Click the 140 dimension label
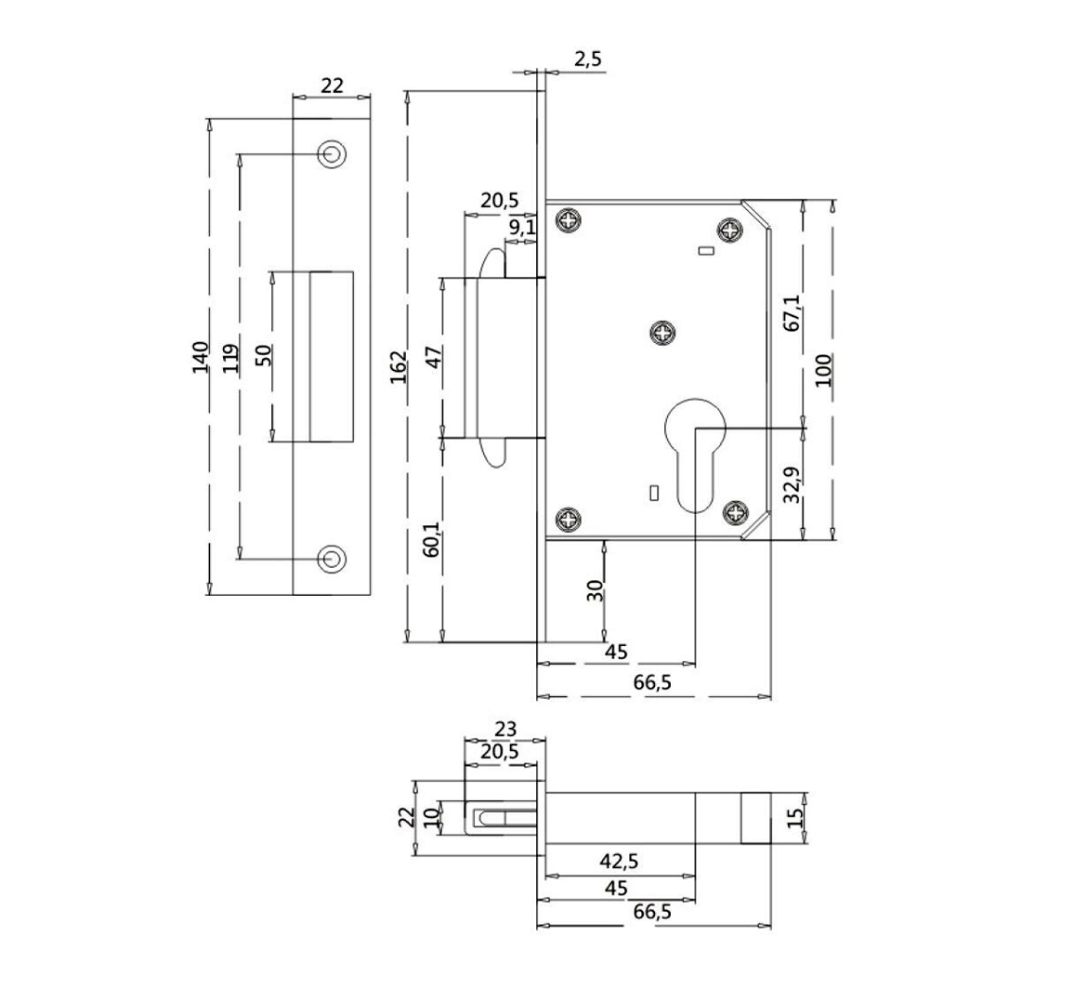click(200, 357)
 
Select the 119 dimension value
click(231, 357)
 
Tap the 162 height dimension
click(398, 368)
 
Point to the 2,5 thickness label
click(588, 59)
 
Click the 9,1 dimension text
click(522, 226)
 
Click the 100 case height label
click(824, 370)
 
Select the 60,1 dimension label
click(431, 538)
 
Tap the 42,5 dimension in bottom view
click(618, 861)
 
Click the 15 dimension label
click(794, 819)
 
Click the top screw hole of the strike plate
click(331, 153)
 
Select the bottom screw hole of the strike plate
click(331, 558)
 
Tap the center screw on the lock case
click(663, 332)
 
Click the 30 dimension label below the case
click(595, 590)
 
